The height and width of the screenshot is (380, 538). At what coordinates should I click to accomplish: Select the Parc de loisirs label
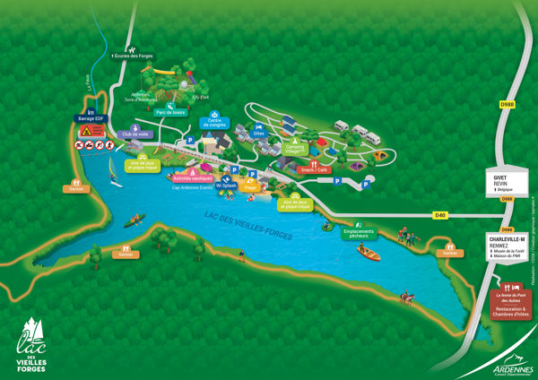[171, 112]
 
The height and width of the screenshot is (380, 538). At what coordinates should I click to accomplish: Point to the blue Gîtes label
[260, 134]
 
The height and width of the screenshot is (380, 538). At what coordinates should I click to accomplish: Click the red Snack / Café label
[314, 168]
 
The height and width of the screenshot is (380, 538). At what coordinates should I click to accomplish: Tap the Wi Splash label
[226, 185]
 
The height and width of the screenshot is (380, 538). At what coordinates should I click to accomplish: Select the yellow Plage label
[250, 187]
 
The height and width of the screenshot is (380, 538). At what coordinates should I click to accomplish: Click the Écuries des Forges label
[131, 56]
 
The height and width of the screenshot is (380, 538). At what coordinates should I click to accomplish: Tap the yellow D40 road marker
[439, 215]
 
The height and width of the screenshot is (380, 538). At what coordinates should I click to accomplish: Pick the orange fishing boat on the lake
[368, 252]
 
